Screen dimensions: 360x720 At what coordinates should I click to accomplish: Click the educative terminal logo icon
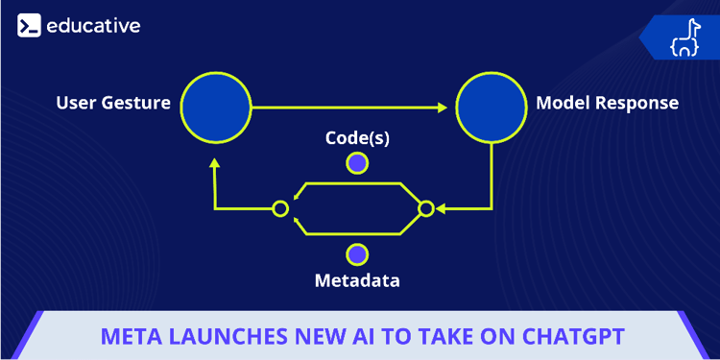pos(29,26)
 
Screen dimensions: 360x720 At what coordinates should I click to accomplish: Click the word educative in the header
pos(92,26)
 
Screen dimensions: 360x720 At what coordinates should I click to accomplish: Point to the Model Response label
pos(607,103)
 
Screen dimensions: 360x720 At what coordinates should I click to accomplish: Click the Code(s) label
pos(357,138)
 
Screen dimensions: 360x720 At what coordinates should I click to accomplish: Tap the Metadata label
pos(357,281)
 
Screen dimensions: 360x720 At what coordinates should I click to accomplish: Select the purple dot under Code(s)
pos(357,163)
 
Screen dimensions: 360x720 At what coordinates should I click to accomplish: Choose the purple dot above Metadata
pos(357,254)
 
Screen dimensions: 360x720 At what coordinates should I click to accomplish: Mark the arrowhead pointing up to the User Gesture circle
pos(214,165)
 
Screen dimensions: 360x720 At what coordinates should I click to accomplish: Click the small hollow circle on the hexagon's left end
pos(280,207)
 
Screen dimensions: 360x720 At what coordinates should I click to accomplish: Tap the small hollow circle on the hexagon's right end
pos(426,207)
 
